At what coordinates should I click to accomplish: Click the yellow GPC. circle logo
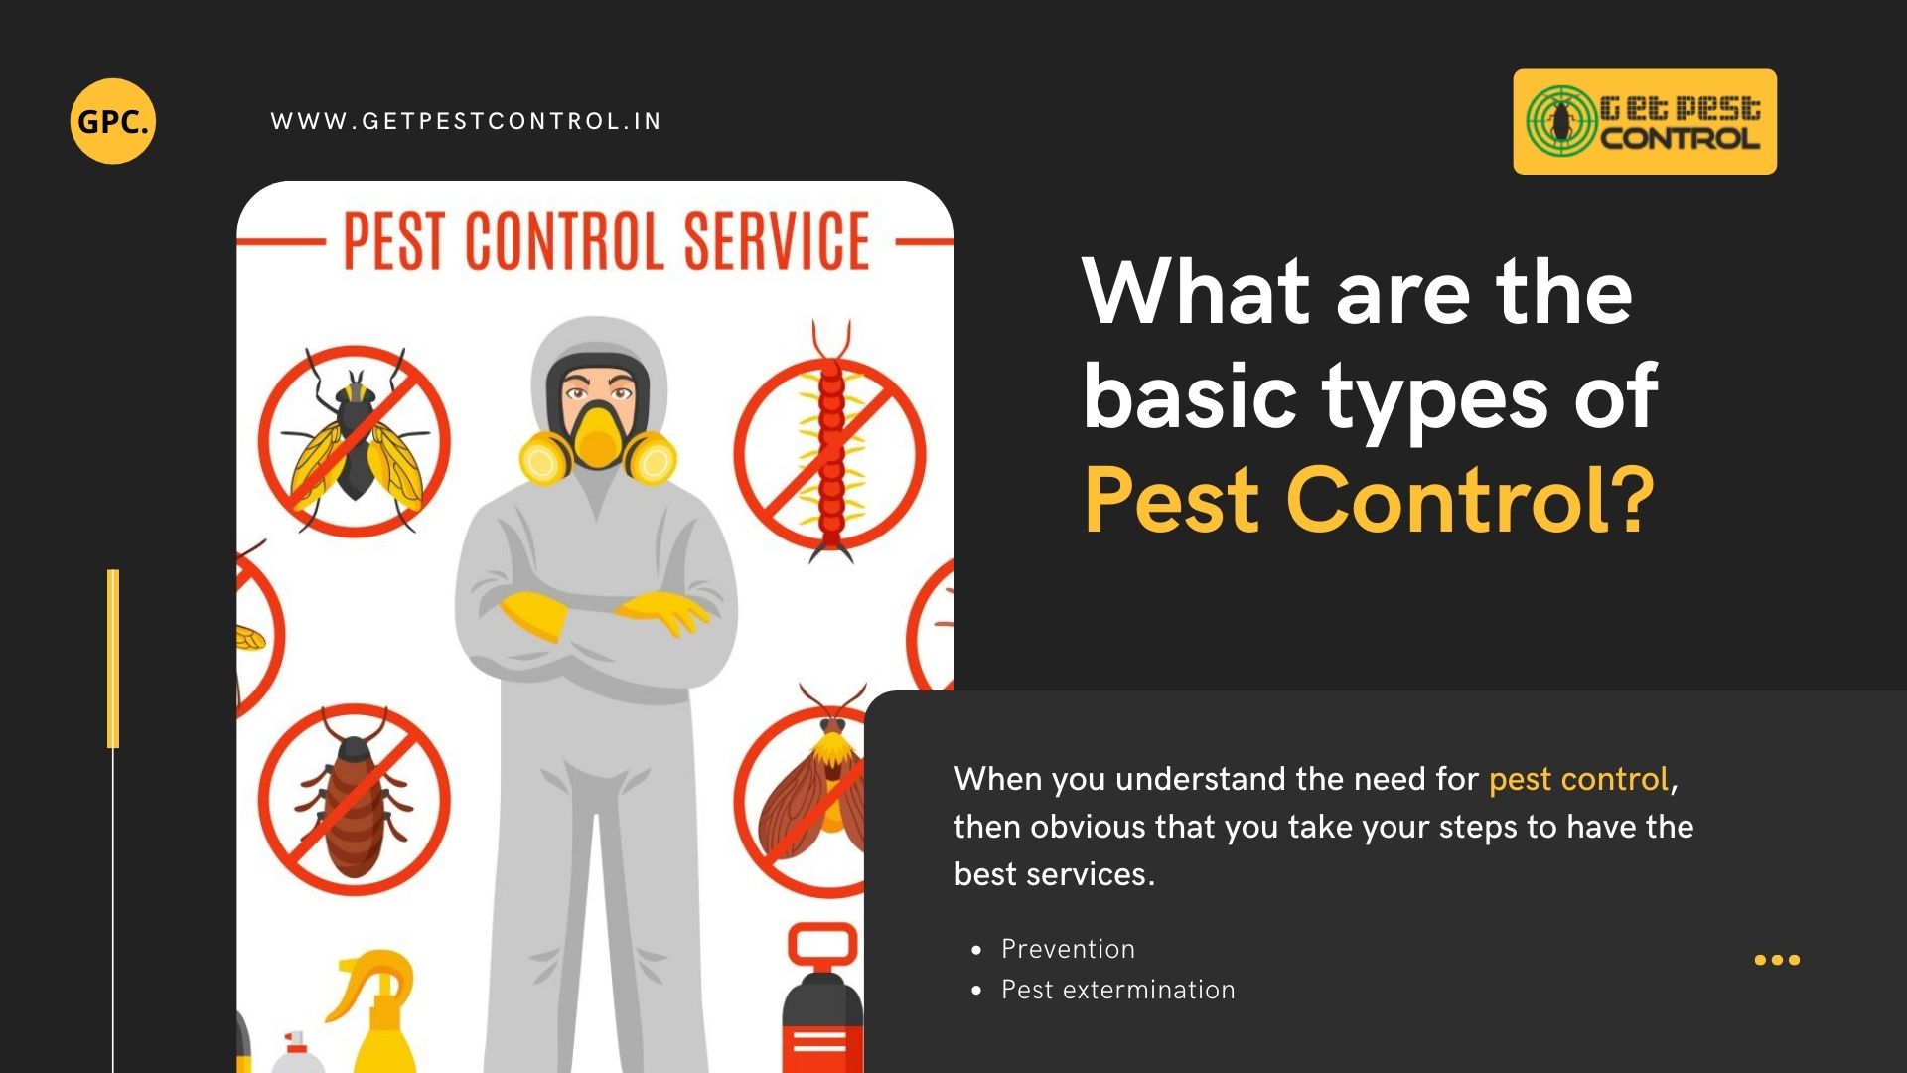(x=113, y=121)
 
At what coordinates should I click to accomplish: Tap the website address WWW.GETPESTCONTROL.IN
(x=466, y=121)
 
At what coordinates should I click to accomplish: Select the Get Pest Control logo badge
(x=1645, y=121)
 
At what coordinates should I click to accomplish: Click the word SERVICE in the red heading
(x=777, y=241)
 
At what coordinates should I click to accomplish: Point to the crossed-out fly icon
(x=355, y=441)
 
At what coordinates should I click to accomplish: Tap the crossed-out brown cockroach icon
(x=355, y=801)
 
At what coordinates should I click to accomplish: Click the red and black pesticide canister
(x=821, y=1003)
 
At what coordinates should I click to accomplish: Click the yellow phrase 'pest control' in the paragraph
(x=1577, y=779)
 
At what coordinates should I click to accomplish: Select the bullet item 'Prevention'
(x=1068, y=949)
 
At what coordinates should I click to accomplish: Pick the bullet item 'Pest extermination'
(x=1117, y=990)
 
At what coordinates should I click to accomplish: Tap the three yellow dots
(x=1777, y=960)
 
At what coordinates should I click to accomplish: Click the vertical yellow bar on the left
(x=113, y=658)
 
